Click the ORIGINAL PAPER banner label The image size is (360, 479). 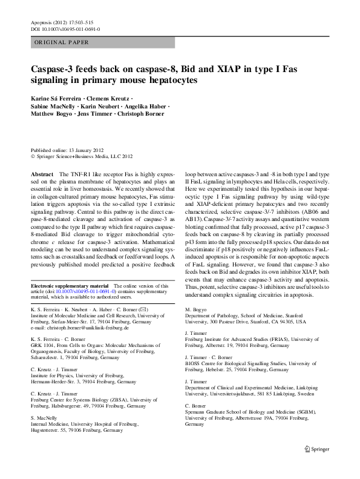tap(62, 42)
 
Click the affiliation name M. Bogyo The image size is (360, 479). tap(195, 309)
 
